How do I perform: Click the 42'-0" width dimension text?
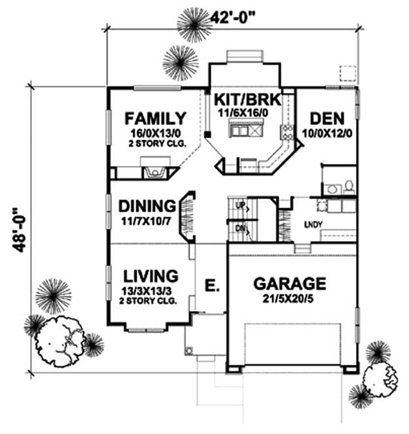[x=232, y=18]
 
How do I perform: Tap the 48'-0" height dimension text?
[x=20, y=230]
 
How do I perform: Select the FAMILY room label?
[x=156, y=118]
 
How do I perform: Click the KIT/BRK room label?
[x=248, y=99]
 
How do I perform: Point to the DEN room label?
[x=327, y=119]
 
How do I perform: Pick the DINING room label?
[x=147, y=206]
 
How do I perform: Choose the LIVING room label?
[x=151, y=276]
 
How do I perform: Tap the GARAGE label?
[x=290, y=284]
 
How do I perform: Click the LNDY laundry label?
[x=313, y=224]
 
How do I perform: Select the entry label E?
[x=212, y=286]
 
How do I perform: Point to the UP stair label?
[x=240, y=205]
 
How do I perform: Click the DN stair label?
[x=240, y=229]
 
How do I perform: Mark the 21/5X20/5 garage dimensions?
[x=288, y=299]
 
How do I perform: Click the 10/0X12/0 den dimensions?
[x=327, y=134]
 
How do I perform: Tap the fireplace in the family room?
[x=155, y=172]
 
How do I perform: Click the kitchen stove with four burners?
[x=287, y=132]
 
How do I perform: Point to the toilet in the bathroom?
[x=349, y=187]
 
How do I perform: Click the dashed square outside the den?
[x=347, y=73]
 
